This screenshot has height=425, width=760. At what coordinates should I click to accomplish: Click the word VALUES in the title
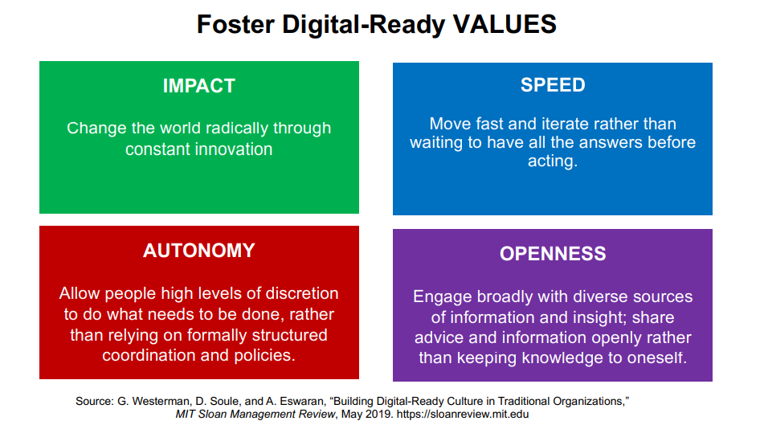coord(505,24)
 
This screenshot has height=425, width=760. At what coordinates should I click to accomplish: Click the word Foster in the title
coord(235,24)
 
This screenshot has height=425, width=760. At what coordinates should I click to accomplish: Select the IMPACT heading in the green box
coord(198,86)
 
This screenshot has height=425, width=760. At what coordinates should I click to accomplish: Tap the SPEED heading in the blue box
coord(553,85)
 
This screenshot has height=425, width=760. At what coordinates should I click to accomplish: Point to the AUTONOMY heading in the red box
coord(198,251)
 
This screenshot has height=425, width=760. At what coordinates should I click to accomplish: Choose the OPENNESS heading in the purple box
coord(553,253)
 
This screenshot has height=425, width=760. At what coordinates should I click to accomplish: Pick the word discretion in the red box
coord(302,293)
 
